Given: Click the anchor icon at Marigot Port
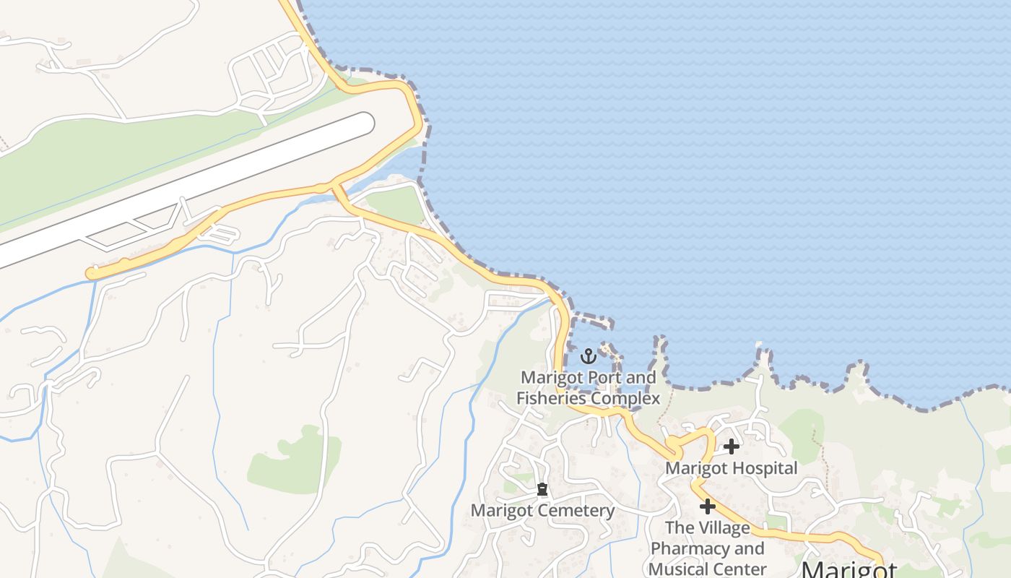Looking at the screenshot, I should pyautogui.click(x=589, y=355).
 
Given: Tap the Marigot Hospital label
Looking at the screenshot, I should pyautogui.click(x=731, y=468).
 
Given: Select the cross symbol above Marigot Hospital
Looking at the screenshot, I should pyautogui.click(x=731, y=447).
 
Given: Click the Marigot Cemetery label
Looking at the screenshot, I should pyautogui.click(x=542, y=511).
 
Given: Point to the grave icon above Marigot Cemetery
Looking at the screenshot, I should pyautogui.click(x=542, y=490).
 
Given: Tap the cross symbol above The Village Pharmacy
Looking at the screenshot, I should pyautogui.click(x=707, y=506).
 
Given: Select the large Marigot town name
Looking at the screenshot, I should pyautogui.click(x=849, y=569).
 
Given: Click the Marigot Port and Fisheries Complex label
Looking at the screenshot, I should pyautogui.click(x=588, y=388).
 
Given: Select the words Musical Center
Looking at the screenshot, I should pyautogui.click(x=707, y=569).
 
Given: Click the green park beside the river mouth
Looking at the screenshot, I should pyautogui.click(x=395, y=204).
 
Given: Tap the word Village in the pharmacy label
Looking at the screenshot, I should pyautogui.click(x=718, y=528).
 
